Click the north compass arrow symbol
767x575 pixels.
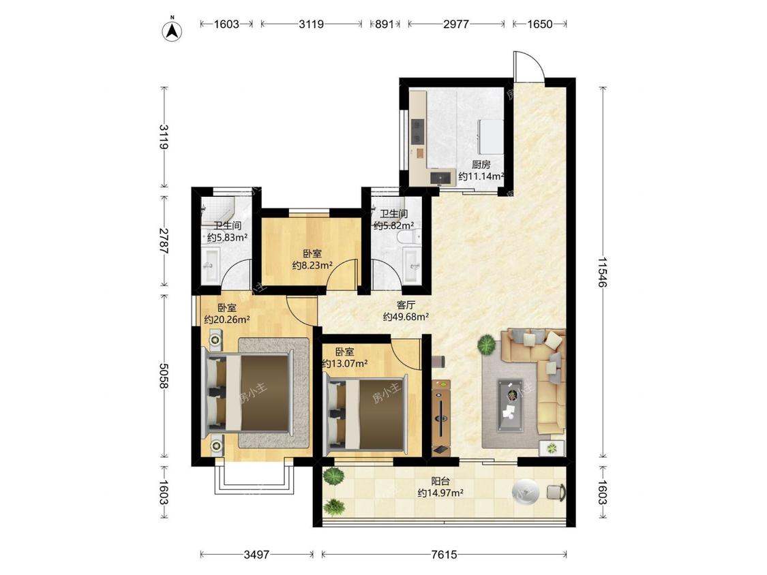(172, 30)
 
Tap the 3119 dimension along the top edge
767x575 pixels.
(311, 23)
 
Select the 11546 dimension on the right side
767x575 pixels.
(603, 273)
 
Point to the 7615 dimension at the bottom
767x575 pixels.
(444, 555)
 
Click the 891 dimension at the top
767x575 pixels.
(385, 23)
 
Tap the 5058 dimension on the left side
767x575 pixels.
(164, 375)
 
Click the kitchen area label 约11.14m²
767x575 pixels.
(481, 176)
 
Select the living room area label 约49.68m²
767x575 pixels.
(406, 317)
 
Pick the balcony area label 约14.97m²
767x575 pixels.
(440, 493)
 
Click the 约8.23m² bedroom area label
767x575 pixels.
(312, 266)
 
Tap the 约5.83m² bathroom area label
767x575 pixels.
(227, 238)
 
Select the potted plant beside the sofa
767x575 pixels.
(487, 344)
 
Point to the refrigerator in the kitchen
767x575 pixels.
(490, 136)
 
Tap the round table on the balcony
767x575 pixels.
(526, 491)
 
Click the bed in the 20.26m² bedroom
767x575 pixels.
(250, 392)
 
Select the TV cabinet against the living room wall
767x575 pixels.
(441, 416)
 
